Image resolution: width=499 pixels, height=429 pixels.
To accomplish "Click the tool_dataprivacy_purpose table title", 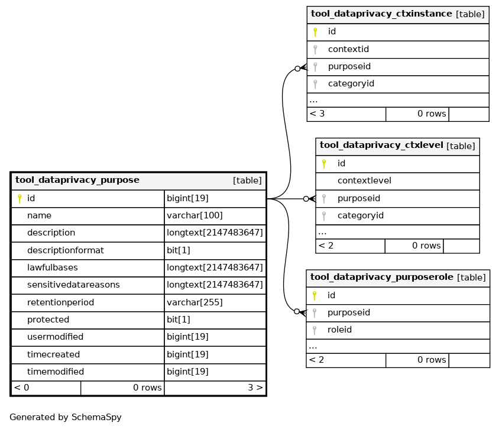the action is point(77,180).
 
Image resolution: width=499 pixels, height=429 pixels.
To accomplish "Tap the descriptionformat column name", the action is point(66,250).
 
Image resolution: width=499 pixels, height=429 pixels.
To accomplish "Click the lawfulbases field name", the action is point(53,267).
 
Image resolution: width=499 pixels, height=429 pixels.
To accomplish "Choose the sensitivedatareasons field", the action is point(73,285).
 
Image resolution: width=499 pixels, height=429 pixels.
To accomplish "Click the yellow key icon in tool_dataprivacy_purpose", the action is point(20,199).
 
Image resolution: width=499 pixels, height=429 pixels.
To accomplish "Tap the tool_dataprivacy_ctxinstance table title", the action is point(381,14).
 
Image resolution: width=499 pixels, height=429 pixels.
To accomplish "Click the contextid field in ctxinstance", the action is point(348,49).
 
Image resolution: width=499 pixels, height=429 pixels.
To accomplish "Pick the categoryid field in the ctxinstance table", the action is point(351,84).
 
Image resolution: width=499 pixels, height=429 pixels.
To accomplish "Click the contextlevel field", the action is point(364,181).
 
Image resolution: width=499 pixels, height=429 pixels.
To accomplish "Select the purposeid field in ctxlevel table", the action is point(359,198).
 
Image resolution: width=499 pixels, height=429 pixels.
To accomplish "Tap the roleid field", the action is point(339,330).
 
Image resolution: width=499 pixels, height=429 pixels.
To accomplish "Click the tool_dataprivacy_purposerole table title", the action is point(381,277).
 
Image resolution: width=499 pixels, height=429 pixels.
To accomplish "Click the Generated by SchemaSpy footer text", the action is point(66,417).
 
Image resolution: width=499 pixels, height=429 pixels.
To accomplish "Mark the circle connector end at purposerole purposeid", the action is point(297,311).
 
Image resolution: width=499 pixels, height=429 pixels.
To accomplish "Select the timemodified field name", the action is point(56,372).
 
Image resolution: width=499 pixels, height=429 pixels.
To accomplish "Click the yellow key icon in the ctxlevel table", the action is point(324,164).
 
